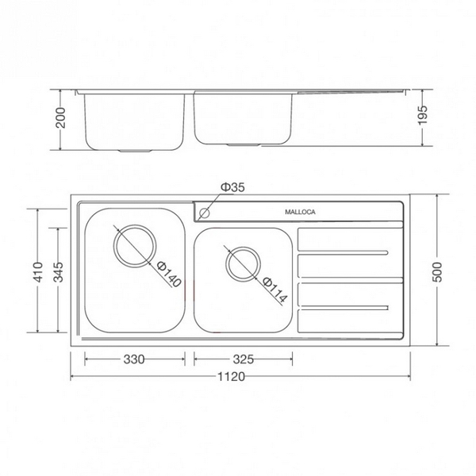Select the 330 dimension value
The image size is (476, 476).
tap(133, 359)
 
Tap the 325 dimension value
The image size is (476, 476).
tap(245, 359)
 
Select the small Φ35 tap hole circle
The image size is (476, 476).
tap(205, 213)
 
